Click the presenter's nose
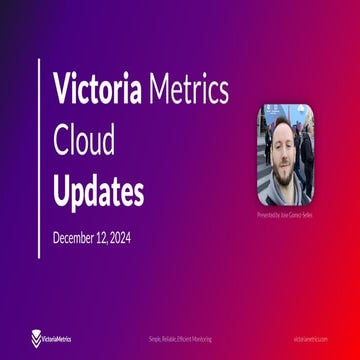tap(282, 155)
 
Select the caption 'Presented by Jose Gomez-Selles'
tap(285, 215)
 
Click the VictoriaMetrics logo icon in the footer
tap(37, 339)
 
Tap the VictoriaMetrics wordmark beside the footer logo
tap(58, 339)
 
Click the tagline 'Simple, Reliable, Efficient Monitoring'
tap(180, 340)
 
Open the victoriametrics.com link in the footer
tap(310, 340)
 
